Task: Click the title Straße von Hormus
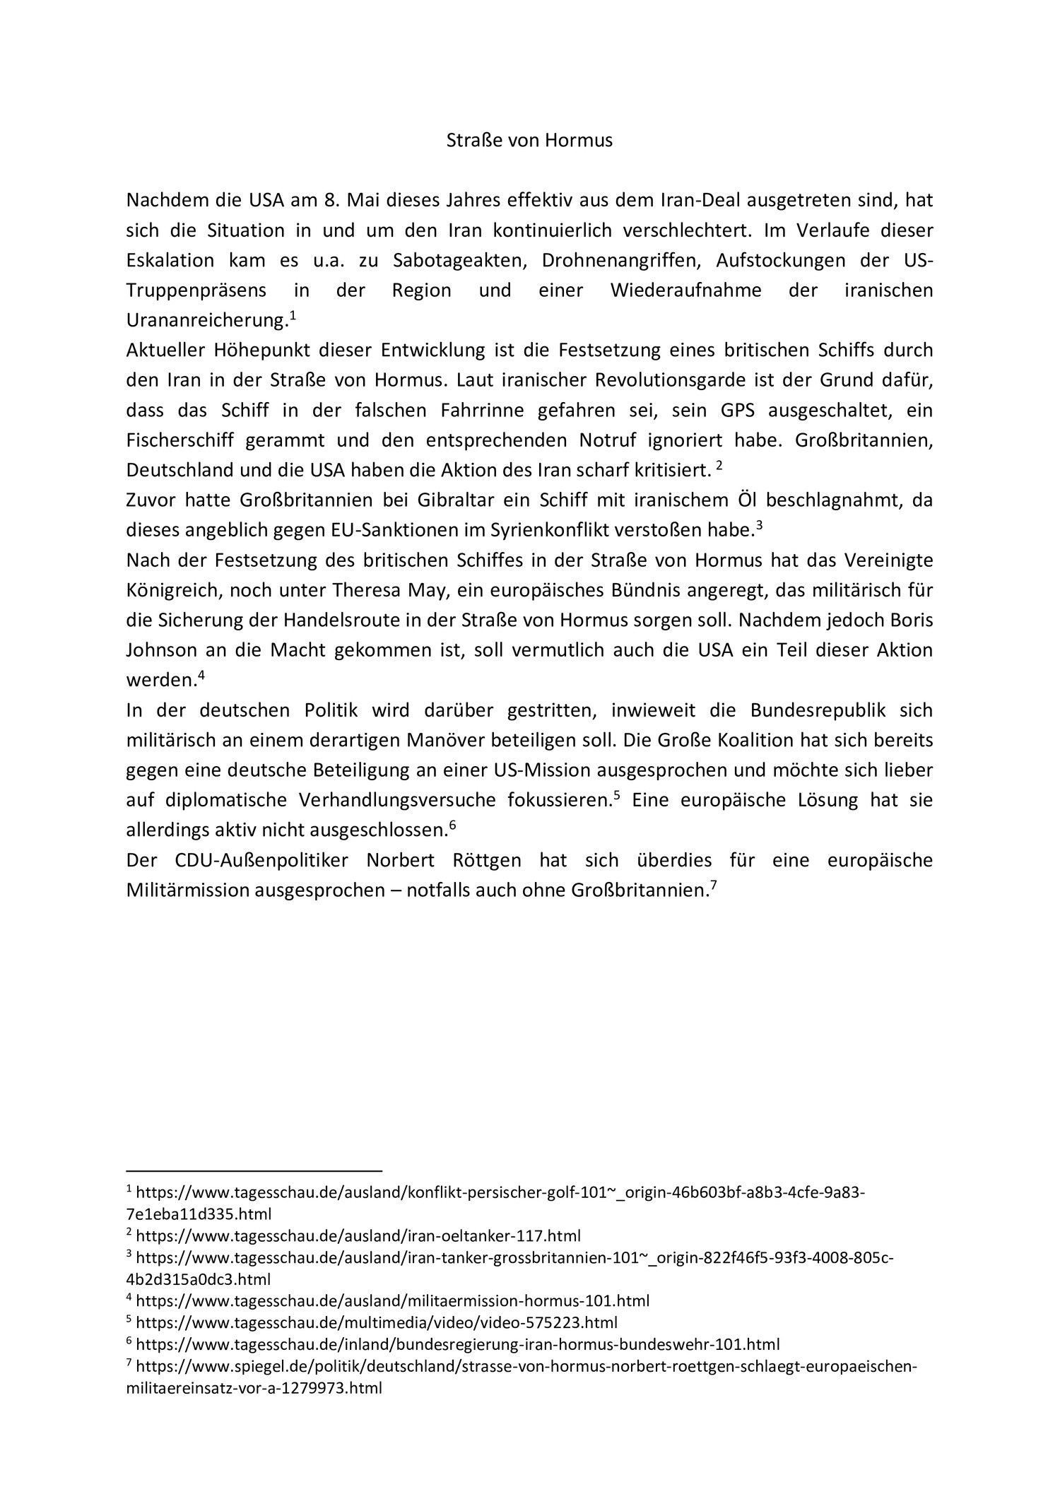tap(529, 141)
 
